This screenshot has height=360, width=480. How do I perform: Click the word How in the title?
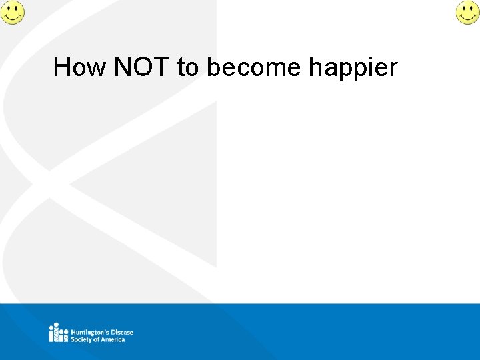coord(79,67)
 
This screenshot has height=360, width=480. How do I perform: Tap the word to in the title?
coord(188,67)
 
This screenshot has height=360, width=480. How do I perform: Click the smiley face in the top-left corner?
coord(12,12)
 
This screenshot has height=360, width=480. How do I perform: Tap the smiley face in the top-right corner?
coord(467,12)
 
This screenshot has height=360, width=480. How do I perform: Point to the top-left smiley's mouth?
coord(12,17)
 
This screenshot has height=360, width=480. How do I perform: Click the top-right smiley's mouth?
coord(467,17)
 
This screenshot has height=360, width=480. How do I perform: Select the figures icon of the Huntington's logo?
coord(58,332)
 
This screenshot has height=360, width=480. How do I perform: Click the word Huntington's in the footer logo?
coord(91,332)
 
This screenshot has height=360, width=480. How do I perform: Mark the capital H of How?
coord(61,67)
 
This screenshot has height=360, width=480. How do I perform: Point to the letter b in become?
coord(213,67)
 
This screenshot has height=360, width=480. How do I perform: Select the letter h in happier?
coord(315,67)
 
